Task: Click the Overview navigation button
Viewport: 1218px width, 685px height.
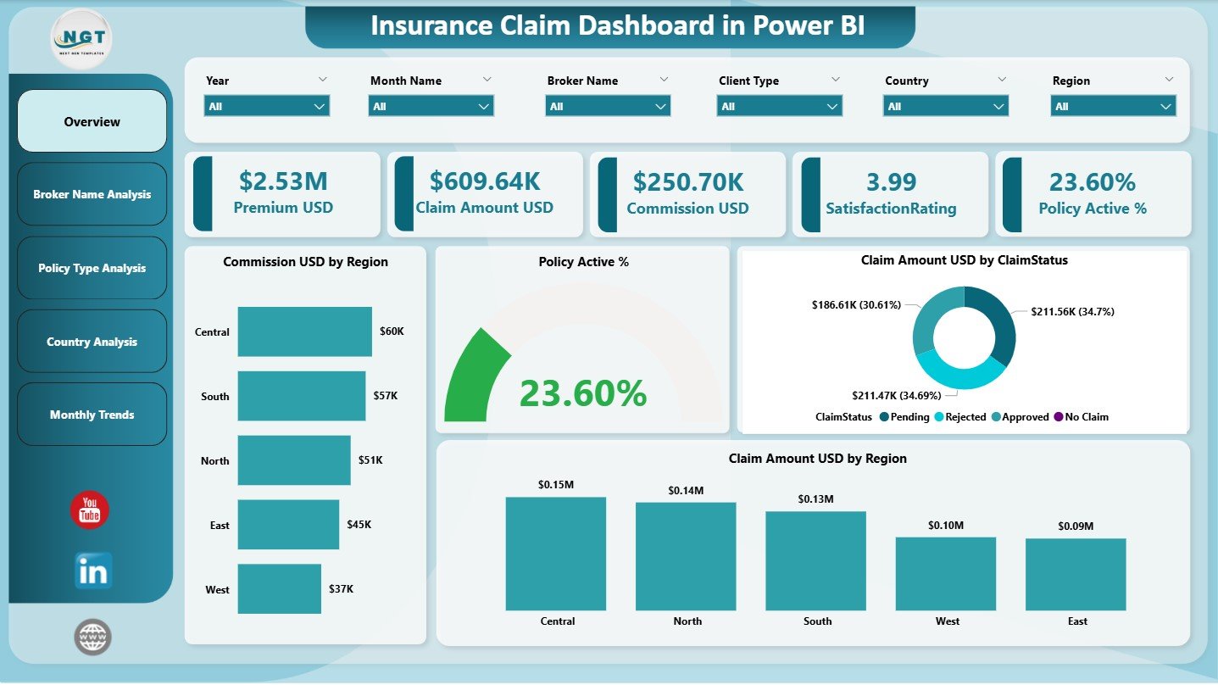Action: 92,121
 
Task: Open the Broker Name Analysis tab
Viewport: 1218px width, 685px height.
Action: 92,194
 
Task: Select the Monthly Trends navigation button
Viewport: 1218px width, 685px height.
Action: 92,415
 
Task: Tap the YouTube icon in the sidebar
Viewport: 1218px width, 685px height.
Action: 90,510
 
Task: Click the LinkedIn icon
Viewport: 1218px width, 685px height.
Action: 92,571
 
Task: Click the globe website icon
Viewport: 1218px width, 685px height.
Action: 92,637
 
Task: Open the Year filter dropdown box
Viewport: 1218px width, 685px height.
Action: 266,106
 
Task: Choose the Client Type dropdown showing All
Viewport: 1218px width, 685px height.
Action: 779,106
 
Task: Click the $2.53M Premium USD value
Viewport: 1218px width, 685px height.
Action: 283,181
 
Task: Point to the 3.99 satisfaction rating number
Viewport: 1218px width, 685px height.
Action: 891,181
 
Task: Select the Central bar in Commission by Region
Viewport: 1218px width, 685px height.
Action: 304,331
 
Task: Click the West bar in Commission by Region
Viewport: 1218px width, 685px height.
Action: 279,588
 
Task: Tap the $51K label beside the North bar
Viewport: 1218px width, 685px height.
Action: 370,459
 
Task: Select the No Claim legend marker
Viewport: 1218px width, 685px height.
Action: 1057,417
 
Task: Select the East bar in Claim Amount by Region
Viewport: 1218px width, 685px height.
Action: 1076,574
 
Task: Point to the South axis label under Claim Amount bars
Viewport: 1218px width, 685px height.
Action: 817,621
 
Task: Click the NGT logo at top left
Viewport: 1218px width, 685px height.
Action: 81,38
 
